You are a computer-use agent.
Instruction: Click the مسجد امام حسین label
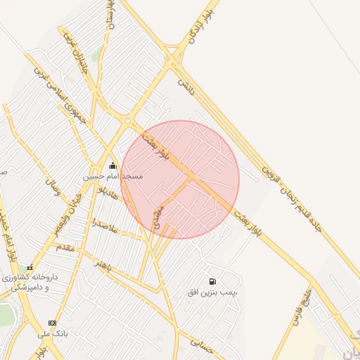pyautogui.click(x=113, y=176)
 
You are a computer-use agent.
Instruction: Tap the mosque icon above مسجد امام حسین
pyautogui.click(x=112, y=166)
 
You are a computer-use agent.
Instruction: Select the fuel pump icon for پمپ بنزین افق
pyautogui.click(x=212, y=281)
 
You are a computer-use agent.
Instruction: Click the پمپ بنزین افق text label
pyautogui.click(x=212, y=291)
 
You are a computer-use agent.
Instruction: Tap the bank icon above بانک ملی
pyautogui.click(x=52, y=322)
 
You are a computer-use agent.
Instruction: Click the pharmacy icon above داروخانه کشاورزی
pyautogui.click(x=30, y=267)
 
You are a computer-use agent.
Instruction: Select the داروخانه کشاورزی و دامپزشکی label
pyautogui.click(x=28, y=283)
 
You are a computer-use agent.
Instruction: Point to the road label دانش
pyautogui.click(x=184, y=88)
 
